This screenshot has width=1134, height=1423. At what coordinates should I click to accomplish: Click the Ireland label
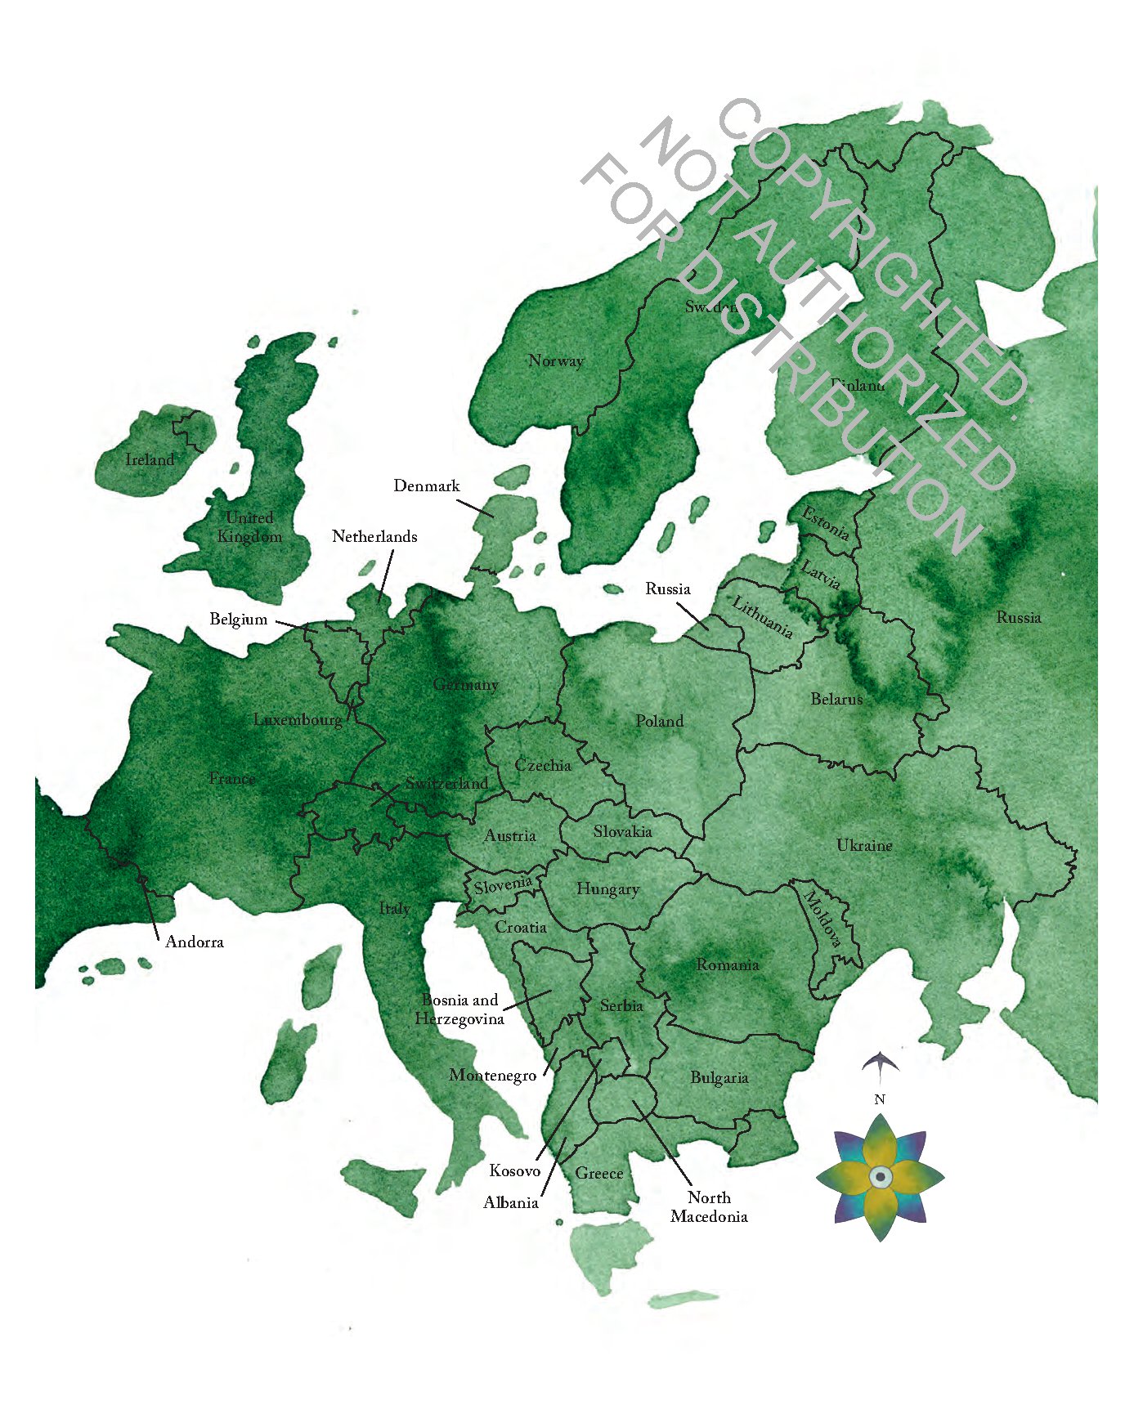150,460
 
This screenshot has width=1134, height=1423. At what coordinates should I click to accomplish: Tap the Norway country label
556,361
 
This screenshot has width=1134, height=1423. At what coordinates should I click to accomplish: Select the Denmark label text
427,486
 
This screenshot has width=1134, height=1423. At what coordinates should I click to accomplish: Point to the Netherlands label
374,537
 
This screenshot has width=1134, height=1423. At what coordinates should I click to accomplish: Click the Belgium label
239,620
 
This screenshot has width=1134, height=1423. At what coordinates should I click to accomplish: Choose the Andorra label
195,942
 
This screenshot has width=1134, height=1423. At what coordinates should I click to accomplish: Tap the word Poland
660,722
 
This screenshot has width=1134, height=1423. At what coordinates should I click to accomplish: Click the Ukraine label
864,846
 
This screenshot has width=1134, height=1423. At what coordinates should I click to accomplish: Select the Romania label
728,965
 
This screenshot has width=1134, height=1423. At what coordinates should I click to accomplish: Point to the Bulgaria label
719,1078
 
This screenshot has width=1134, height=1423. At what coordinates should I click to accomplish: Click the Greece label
599,1174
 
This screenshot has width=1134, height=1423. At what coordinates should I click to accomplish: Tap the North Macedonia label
709,1207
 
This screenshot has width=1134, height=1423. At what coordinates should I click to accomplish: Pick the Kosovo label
515,1171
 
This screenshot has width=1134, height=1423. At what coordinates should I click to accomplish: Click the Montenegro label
493,1076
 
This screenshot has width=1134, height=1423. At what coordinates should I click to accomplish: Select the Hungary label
607,889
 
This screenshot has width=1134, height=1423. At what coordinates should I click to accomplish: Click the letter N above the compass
880,1100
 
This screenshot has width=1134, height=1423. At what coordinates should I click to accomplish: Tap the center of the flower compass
881,1177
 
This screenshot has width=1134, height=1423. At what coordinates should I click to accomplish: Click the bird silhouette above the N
881,1063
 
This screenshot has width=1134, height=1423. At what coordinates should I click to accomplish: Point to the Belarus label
836,700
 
